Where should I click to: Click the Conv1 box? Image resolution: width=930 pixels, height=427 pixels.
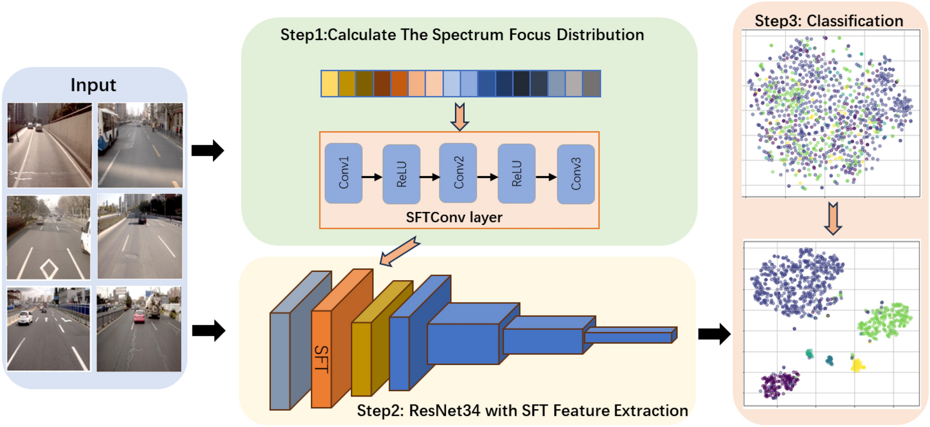pyautogui.click(x=343, y=173)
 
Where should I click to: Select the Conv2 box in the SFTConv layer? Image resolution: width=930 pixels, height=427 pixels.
pyautogui.click(x=458, y=172)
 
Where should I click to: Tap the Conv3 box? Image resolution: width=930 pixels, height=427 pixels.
pyautogui.click(x=576, y=174)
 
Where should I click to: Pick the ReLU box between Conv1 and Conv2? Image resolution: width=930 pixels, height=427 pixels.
pyautogui.click(x=401, y=174)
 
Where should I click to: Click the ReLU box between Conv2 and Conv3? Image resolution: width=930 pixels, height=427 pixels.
pyautogui.click(x=516, y=174)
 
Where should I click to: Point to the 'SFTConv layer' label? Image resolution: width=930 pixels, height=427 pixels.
pyautogui.click(x=454, y=217)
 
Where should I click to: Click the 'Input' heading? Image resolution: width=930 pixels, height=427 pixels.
pyautogui.click(x=93, y=85)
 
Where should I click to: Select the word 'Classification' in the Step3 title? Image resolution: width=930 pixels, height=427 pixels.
pyautogui.click(x=855, y=21)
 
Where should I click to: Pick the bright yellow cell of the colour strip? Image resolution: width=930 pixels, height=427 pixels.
pyautogui.click(x=330, y=84)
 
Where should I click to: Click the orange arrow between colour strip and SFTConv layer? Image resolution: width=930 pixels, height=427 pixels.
pyautogui.click(x=459, y=116)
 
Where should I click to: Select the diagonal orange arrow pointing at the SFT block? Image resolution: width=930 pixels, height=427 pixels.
pyautogui.click(x=400, y=252)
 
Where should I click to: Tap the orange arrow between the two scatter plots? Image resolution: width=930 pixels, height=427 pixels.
pyautogui.click(x=833, y=218)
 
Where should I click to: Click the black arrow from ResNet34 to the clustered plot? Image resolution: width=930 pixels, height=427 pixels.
pyautogui.click(x=714, y=333)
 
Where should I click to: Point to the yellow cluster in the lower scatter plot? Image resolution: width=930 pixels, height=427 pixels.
pyautogui.click(x=857, y=364)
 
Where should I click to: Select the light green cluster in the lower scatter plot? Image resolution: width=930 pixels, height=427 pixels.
pyautogui.click(x=886, y=320)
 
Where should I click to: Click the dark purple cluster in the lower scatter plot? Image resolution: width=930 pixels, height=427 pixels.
pyautogui.click(x=778, y=384)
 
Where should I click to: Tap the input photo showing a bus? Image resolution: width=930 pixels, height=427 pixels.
pyautogui.click(x=140, y=145)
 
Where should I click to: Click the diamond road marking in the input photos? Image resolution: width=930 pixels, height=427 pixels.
pyautogui.click(x=49, y=269)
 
